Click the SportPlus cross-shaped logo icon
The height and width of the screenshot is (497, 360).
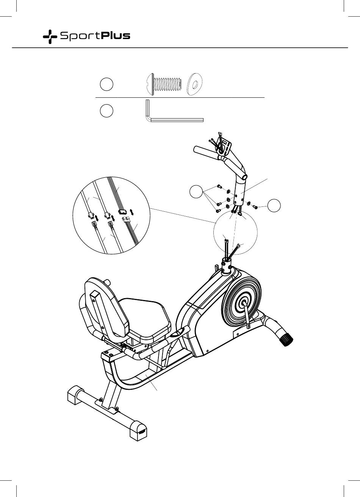point(50,37)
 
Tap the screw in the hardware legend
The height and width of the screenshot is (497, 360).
point(164,84)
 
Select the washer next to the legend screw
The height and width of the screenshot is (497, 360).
point(195,84)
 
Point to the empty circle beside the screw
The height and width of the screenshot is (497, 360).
point(106,84)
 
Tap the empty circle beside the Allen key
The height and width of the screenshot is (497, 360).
point(106,111)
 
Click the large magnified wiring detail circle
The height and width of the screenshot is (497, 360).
point(111,215)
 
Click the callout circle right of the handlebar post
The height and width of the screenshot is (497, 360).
point(274,205)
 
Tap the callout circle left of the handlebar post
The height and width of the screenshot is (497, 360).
point(196,191)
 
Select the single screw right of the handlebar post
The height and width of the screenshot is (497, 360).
point(255,207)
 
